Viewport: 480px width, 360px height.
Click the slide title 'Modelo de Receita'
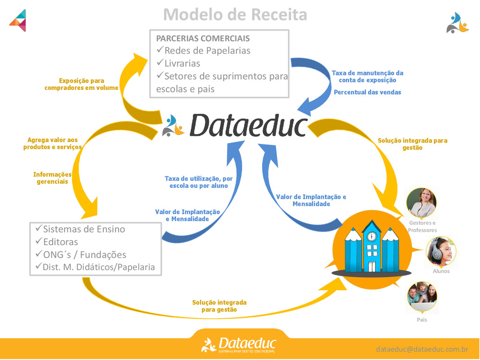(x=235, y=15)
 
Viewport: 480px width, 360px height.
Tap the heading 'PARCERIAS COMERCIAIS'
(x=202, y=38)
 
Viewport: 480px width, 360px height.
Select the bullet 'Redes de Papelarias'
(x=207, y=51)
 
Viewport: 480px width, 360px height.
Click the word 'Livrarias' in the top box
(x=182, y=63)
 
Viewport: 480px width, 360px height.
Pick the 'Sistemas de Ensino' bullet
(x=84, y=229)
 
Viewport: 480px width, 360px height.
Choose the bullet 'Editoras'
(x=60, y=242)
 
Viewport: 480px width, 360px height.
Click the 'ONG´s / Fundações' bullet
(x=84, y=255)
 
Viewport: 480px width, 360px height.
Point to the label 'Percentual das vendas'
(x=367, y=92)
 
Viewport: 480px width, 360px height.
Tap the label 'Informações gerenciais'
(x=52, y=178)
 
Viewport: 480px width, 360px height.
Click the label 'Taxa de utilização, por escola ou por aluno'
(x=199, y=182)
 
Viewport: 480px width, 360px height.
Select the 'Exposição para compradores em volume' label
(x=82, y=84)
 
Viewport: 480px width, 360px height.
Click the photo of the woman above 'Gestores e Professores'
(x=421, y=203)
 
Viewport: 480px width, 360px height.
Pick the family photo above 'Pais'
(x=422, y=297)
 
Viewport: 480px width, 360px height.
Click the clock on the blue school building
(x=372, y=236)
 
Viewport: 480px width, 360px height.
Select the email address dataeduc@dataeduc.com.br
(x=422, y=349)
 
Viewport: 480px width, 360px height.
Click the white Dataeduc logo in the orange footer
(x=239, y=345)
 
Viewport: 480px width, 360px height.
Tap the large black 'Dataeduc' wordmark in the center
(x=248, y=126)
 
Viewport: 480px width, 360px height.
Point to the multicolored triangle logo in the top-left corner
(x=18, y=20)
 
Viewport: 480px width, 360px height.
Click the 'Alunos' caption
(x=441, y=271)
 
